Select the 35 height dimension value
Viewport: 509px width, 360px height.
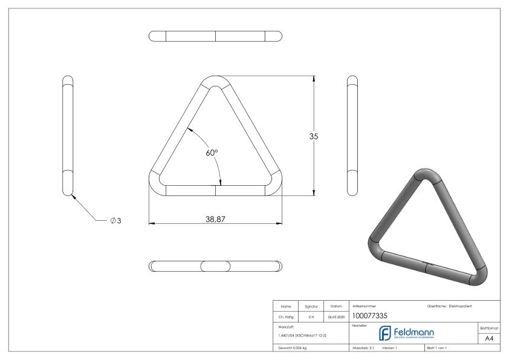coord(313,136)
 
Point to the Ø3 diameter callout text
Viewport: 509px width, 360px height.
coord(115,221)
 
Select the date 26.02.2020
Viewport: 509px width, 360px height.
coord(336,315)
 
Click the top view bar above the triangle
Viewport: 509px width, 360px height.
coord(215,36)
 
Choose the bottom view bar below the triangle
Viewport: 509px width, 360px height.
coord(215,266)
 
